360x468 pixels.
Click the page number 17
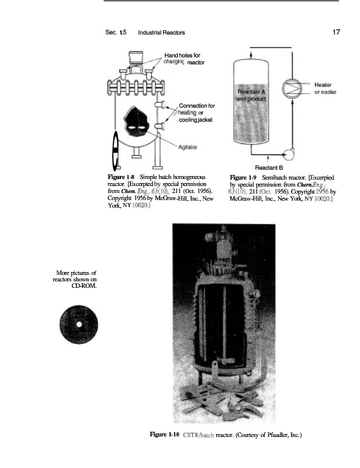[336, 32]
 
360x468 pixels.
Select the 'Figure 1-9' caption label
[244, 177]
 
